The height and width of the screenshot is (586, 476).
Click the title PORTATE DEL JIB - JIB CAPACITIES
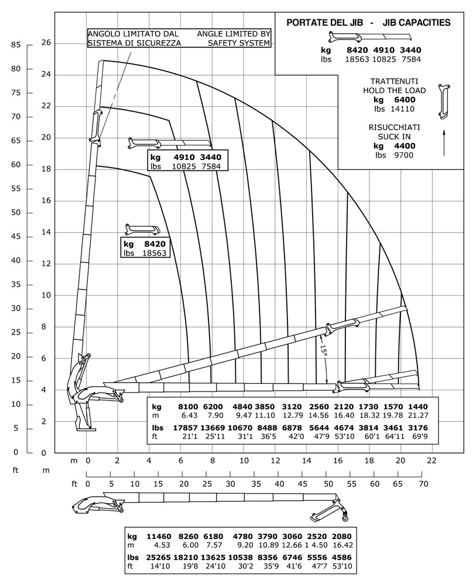(x=368, y=23)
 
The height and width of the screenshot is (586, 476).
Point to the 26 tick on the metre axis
(x=47, y=43)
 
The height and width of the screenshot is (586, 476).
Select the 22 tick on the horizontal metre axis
(x=432, y=461)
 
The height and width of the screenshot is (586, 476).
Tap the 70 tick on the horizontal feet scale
(x=423, y=484)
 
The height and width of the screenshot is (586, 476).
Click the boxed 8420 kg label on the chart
(x=153, y=244)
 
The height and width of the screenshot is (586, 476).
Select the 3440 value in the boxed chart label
(x=211, y=158)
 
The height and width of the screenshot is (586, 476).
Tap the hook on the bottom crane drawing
(x=345, y=517)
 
